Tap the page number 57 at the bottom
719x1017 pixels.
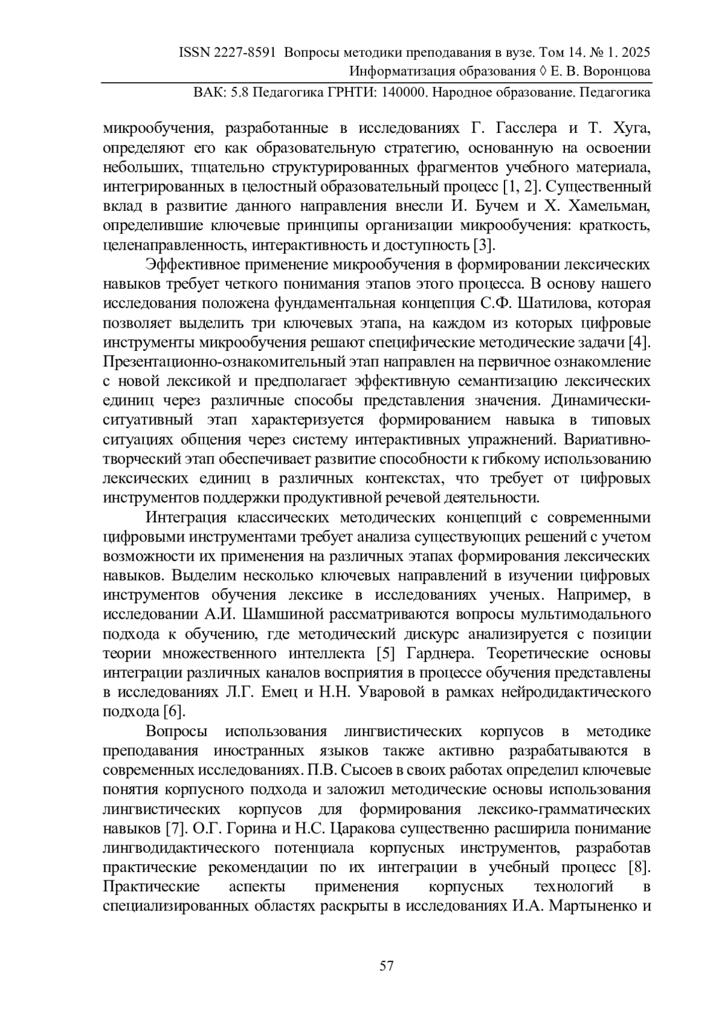386,965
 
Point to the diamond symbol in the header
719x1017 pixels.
542,72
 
